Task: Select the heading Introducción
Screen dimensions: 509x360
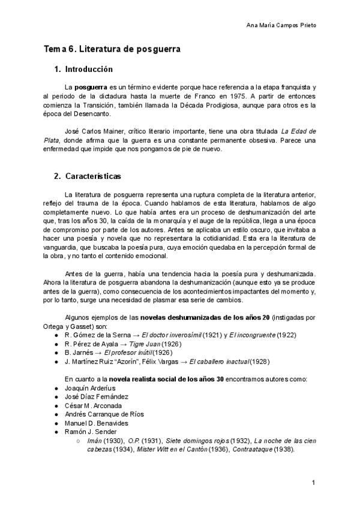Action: [x=89, y=69]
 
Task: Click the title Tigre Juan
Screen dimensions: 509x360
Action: [x=146, y=343]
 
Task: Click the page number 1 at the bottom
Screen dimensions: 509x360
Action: [x=313, y=483]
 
